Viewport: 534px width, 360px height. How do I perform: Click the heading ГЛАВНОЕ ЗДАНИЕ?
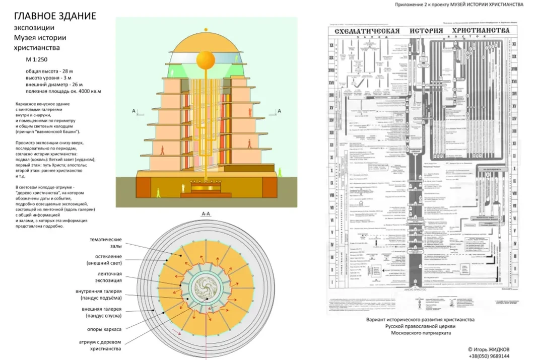tap(54, 16)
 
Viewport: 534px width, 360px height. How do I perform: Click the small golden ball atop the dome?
tap(206, 30)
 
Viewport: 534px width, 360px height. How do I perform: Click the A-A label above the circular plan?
tap(206, 214)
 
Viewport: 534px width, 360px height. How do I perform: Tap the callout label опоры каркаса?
tap(105, 330)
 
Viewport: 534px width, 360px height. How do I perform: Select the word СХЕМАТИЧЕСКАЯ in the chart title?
tap(364, 31)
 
